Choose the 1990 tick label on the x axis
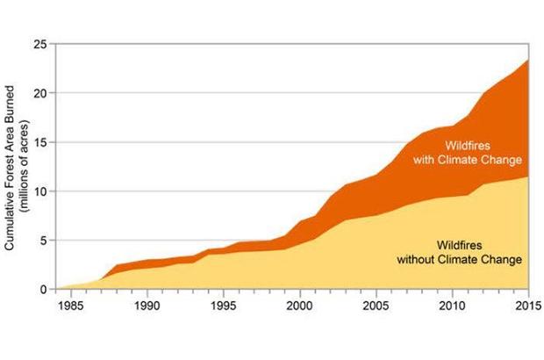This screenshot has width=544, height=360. point(147,306)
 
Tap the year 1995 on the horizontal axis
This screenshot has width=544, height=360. point(224,306)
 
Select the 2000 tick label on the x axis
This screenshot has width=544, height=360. point(300,306)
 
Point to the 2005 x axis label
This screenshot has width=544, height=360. point(376,306)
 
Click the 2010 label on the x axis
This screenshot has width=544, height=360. point(452,306)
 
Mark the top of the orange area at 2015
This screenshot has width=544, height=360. point(527,60)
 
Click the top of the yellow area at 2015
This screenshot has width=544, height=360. point(527,177)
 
